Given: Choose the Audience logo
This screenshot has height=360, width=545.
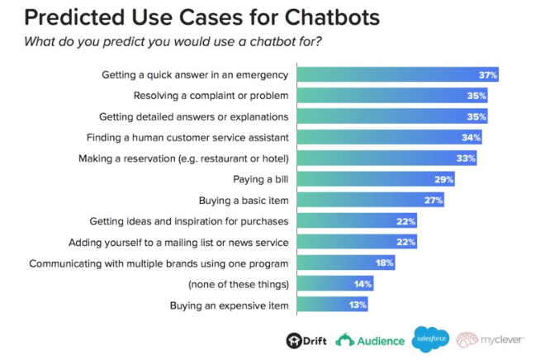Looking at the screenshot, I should [370, 339].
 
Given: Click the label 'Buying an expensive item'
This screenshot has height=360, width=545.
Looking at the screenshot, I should [230, 306].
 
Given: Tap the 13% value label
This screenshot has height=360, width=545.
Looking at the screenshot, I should [357, 306].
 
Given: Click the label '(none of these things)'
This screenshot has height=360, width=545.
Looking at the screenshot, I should [239, 284].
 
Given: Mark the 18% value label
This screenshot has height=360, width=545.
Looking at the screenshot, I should [384, 263].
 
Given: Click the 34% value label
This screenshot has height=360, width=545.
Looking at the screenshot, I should [471, 137].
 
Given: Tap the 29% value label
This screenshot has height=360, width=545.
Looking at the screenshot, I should [444, 179].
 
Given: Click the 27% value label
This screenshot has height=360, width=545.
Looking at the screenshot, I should [434, 200].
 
